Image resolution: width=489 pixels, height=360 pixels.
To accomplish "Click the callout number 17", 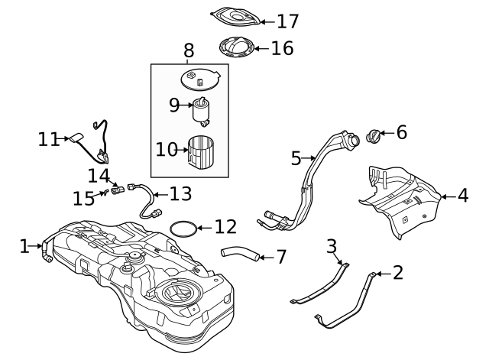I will (267, 21).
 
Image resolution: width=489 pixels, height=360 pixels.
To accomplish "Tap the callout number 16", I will (282, 49).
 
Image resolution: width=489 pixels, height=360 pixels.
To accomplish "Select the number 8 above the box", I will (189, 51).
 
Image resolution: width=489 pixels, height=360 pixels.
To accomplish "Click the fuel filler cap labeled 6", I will (375, 137).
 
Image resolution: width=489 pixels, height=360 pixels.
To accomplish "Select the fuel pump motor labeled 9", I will (203, 111).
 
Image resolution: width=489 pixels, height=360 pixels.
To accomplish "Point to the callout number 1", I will (24, 245).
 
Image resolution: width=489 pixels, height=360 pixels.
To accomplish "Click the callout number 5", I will (296, 158).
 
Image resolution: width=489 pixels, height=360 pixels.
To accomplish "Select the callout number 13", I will (180, 194).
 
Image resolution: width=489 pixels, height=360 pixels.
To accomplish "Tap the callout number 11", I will (49, 139).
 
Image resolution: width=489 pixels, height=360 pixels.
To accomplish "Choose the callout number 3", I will (331, 246).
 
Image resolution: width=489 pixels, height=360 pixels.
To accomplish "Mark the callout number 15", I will (83, 198).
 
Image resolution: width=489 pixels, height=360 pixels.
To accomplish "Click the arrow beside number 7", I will (264, 257).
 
